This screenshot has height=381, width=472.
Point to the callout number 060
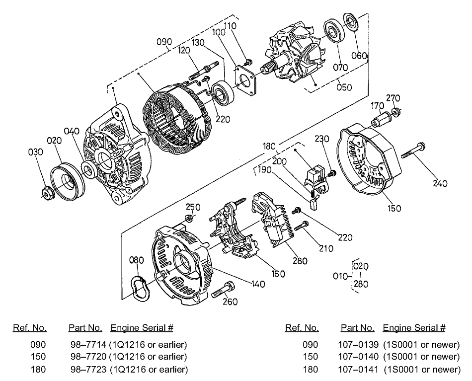(x=360, y=55)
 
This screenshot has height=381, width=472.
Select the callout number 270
(x=393, y=98)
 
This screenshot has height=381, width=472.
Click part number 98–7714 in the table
(x=85, y=344)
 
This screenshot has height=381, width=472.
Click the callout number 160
(x=278, y=273)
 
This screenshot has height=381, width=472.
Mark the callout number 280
(x=300, y=260)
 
